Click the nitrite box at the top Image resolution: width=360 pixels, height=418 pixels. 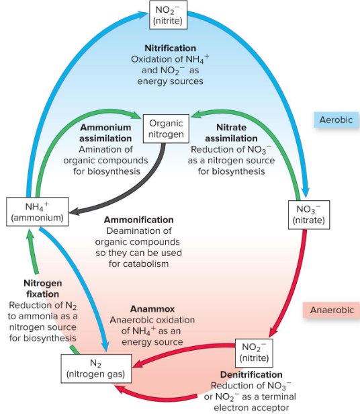click(x=167, y=15)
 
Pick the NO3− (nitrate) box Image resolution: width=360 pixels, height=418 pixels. click(x=310, y=214)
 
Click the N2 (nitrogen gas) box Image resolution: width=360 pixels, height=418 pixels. click(x=95, y=368)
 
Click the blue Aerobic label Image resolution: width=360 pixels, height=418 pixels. click(x=336, y=118)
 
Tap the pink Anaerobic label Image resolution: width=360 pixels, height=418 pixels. click(x=332, y=311)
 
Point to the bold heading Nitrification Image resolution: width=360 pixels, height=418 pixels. click(x=171, y=48)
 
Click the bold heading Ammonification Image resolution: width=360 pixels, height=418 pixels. click(x=139, y=220)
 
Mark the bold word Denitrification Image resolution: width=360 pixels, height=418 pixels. click(x=251, y=374)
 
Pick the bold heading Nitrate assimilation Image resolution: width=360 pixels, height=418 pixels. click(x=232, y=132)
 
